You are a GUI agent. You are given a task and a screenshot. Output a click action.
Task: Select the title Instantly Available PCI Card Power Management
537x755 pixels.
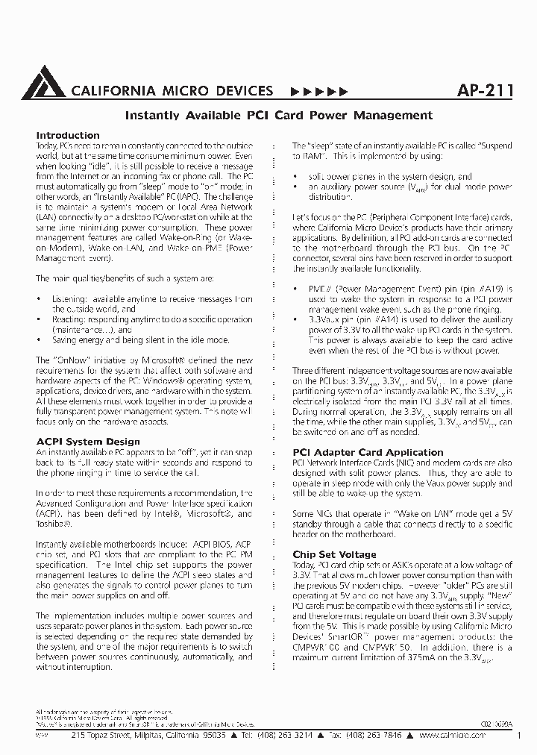coord(277,115)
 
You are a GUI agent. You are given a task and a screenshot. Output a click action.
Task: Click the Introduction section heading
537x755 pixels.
coord(68,136)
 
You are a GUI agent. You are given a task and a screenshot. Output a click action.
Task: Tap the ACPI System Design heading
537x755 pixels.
coord(88,442)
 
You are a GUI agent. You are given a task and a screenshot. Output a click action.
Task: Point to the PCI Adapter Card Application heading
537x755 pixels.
coord(368,452)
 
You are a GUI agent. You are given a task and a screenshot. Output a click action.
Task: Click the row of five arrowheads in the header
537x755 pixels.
coord(318,92)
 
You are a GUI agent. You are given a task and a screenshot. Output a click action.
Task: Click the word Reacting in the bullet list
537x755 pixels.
coord(67,319)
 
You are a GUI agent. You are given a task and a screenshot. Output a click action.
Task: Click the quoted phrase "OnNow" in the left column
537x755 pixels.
coord(66,360)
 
